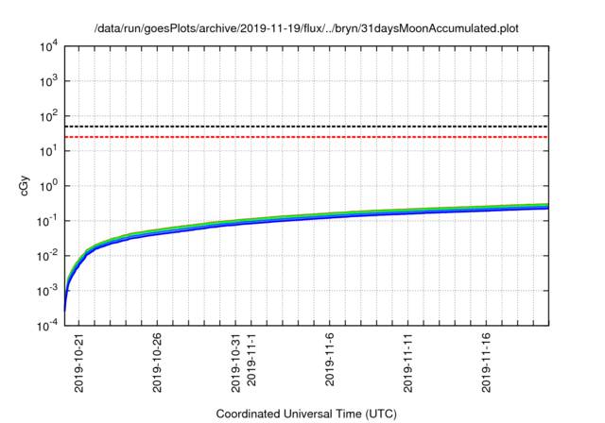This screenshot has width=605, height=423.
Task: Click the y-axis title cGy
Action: click(x=26, y=186)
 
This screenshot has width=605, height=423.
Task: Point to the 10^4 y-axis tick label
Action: click(x=48, y=45)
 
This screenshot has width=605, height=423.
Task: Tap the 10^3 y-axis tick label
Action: click(x=48, y=80)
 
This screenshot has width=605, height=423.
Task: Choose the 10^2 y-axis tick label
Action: click(x=48, y=115)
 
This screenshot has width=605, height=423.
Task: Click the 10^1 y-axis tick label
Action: click(x=48, y=150)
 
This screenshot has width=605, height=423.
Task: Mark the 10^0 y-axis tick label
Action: click(x=48, y=185)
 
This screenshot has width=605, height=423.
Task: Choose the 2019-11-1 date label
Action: click(x=252, y=357)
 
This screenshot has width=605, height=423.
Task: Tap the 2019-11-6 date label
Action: click(x=331, y=357)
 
